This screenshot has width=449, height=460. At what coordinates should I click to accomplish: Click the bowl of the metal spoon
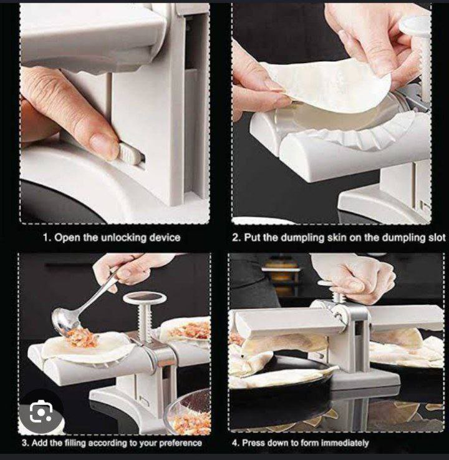62,321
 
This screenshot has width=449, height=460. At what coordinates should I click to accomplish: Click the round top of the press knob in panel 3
145,298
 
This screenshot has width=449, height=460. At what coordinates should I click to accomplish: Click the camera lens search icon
41,412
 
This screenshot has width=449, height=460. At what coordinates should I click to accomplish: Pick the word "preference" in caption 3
181,443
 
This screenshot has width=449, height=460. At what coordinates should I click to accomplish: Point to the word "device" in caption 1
165,237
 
